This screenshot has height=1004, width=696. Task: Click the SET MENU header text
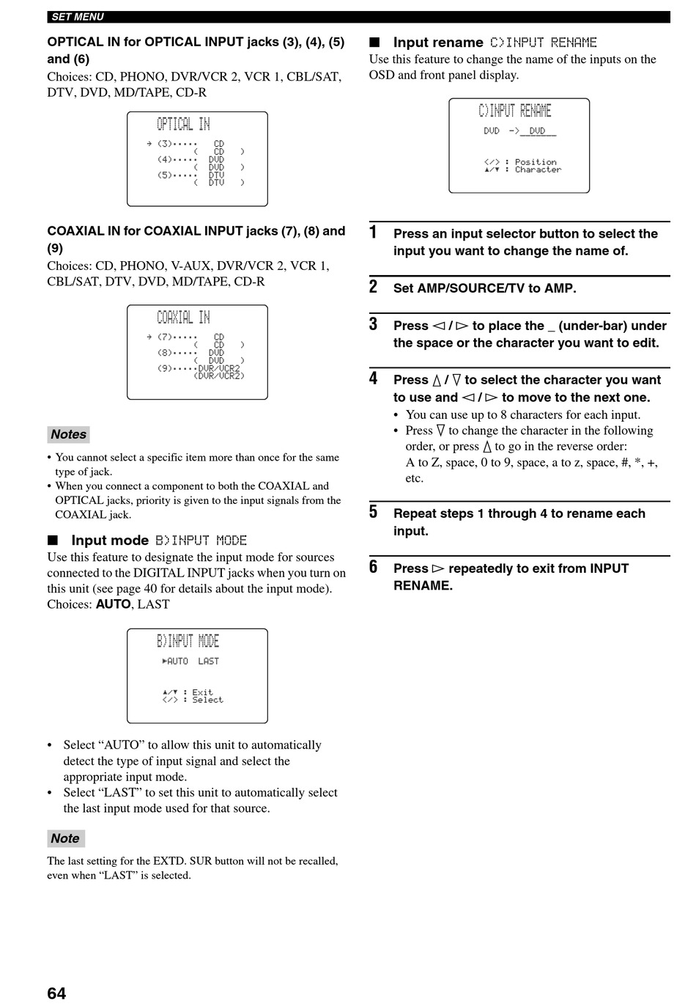(x=78, y=17)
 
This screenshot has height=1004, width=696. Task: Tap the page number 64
(x=56, y=993)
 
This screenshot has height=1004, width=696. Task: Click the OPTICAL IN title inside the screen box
(x=183, y=124)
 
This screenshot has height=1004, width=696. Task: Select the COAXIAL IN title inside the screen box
(x=183, y=318)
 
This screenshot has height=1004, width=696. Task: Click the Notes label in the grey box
(x=69, y=434)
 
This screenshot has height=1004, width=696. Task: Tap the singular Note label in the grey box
(x=66, y=838)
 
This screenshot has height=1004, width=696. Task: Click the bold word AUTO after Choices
(x=114, y=604)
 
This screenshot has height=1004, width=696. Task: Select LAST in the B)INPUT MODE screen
(x=208, y=661)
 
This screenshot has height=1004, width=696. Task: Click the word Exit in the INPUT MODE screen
(x=202, y=692)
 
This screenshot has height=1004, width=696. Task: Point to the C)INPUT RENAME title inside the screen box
(x=514, y=110)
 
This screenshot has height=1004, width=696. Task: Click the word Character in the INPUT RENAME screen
(x=538, y=169)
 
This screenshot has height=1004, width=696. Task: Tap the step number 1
(x=373, y=232)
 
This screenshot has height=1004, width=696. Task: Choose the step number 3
(x=373, y=324)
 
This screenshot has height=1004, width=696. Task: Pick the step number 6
(x=373, y=567)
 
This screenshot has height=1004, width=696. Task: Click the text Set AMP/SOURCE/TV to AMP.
(x=484, y=288)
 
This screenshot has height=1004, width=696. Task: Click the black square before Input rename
(x=374, y=42)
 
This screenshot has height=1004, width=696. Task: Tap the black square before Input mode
(x=53, y=540)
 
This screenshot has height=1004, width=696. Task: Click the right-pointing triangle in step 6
(x=438, y=569)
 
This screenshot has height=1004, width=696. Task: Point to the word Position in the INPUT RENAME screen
(x=536, y=162)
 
